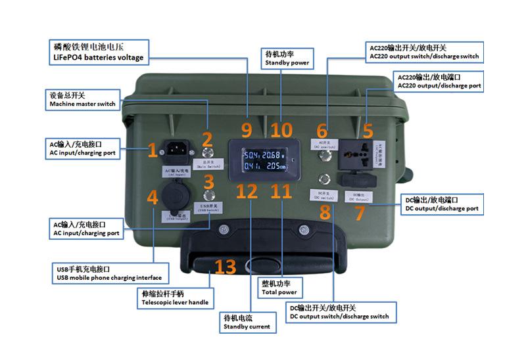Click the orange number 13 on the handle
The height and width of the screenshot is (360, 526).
click(225, 267)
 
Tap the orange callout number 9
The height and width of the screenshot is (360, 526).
click(247, 129)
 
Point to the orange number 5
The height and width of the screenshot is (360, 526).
click(368, 129)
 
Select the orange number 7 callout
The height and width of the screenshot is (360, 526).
click(360, 212)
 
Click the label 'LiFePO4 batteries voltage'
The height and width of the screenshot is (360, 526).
click(99, 53)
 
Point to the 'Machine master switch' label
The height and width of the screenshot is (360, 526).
click(82, 100)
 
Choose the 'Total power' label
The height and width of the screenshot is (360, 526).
click(279, 288)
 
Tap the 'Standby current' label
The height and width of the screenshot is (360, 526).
click(247, 322)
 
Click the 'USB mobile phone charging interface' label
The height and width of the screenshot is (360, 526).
click(109, 273)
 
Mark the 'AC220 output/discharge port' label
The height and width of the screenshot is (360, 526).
click(439, 81)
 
